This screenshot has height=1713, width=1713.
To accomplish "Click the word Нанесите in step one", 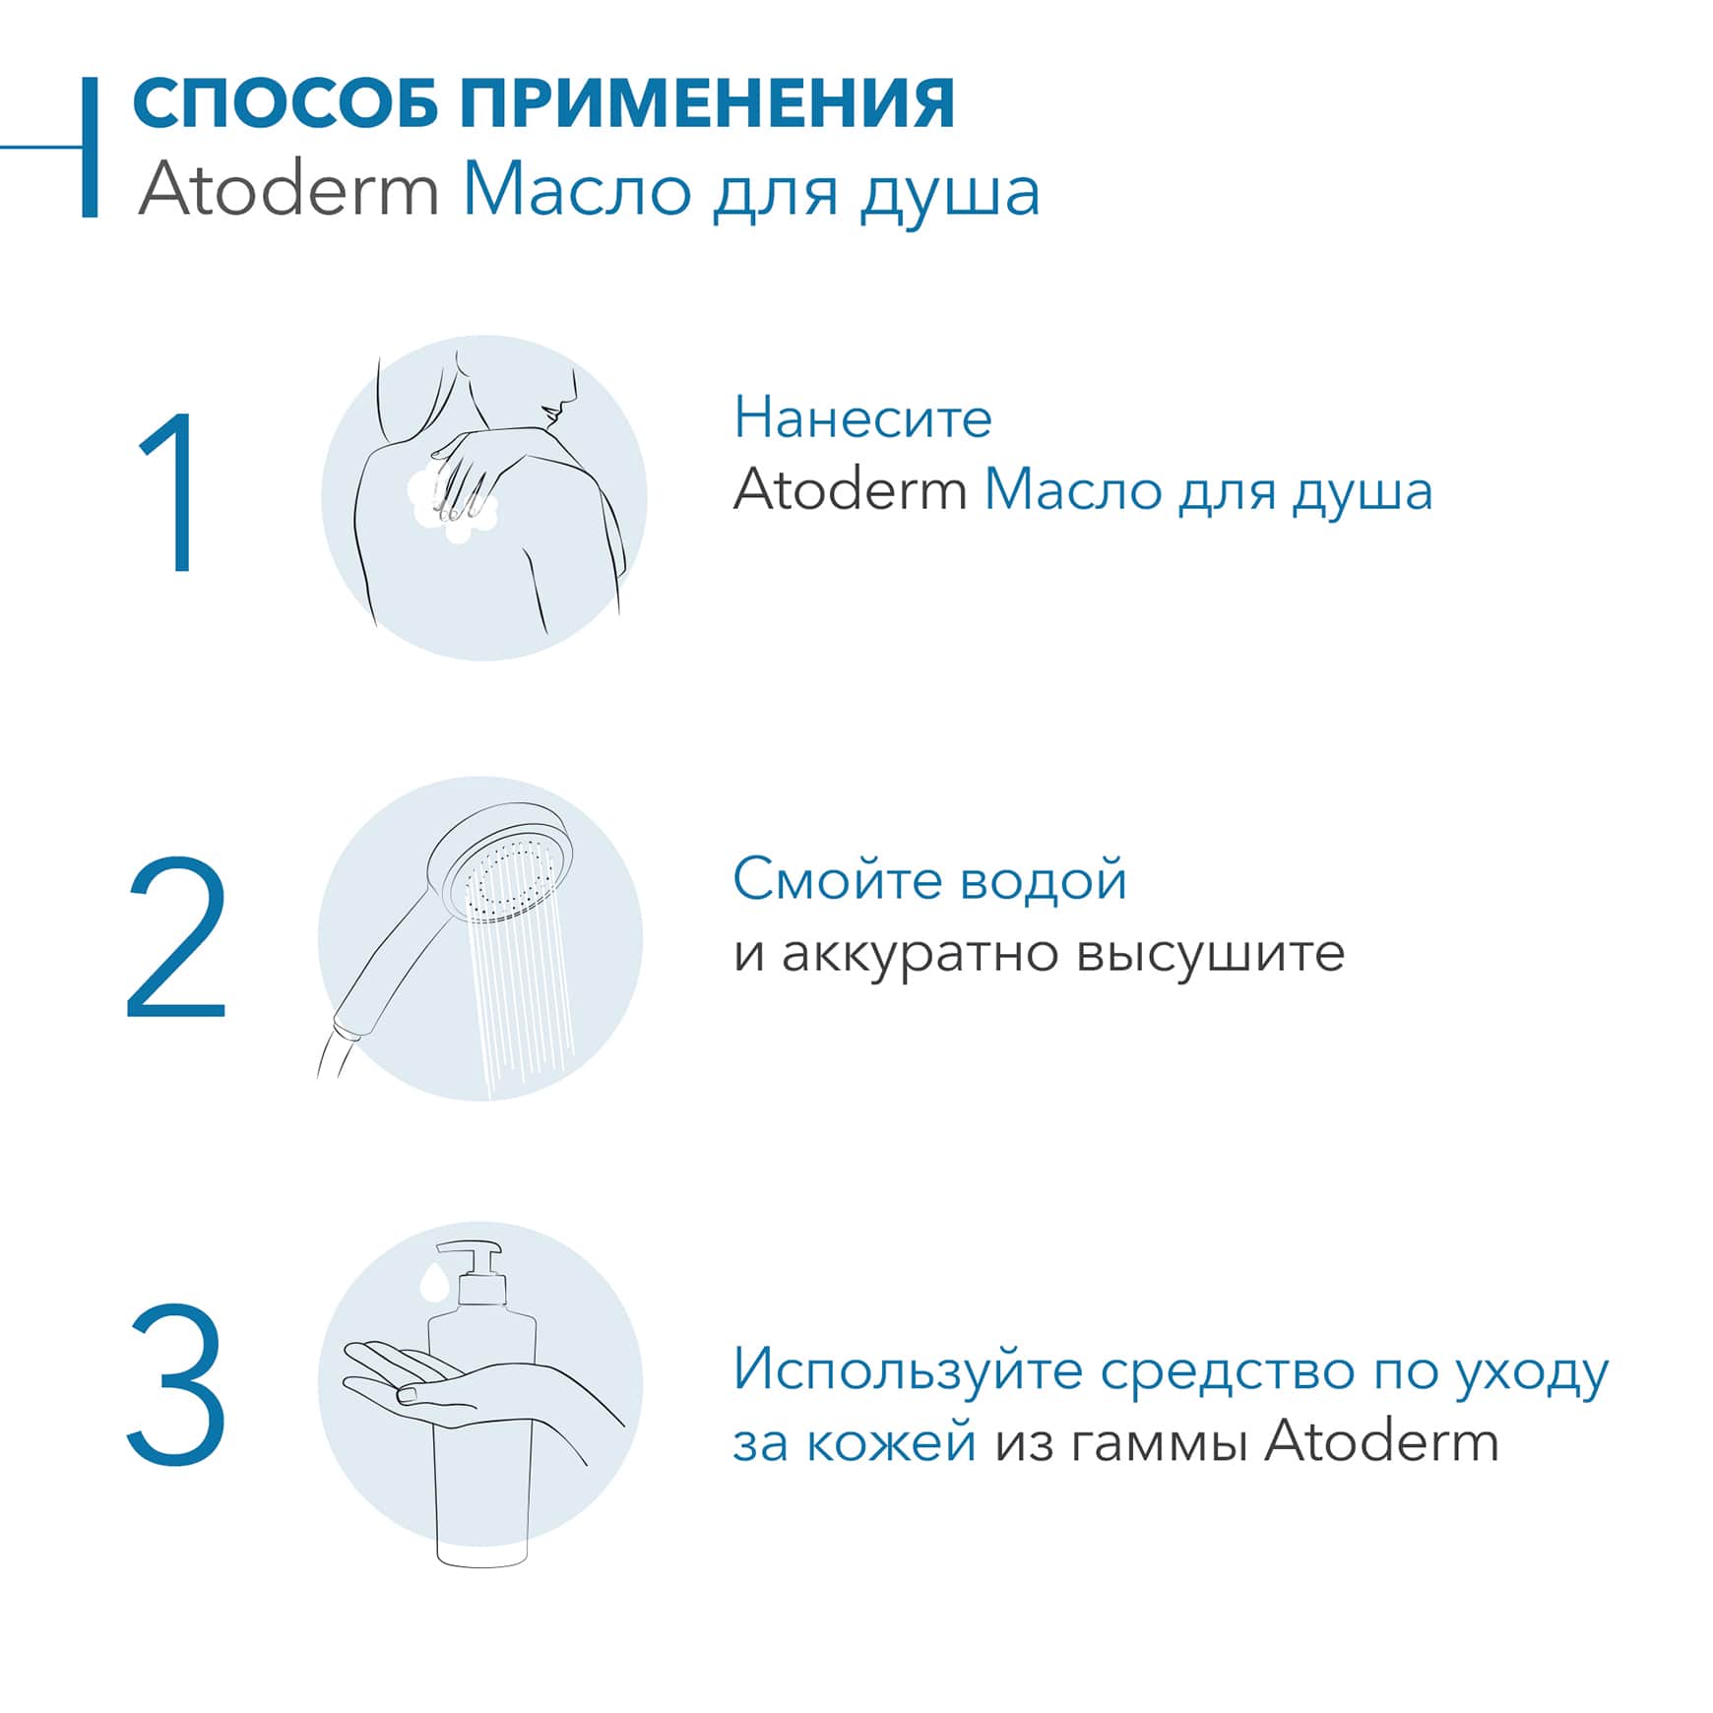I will pos(862,417).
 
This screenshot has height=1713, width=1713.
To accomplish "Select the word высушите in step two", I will pos(1210,953).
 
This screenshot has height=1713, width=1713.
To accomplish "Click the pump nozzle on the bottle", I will pos(470,1251).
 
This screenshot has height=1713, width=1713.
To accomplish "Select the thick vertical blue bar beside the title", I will pos(90,148).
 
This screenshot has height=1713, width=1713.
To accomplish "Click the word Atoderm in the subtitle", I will pos(287,190).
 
